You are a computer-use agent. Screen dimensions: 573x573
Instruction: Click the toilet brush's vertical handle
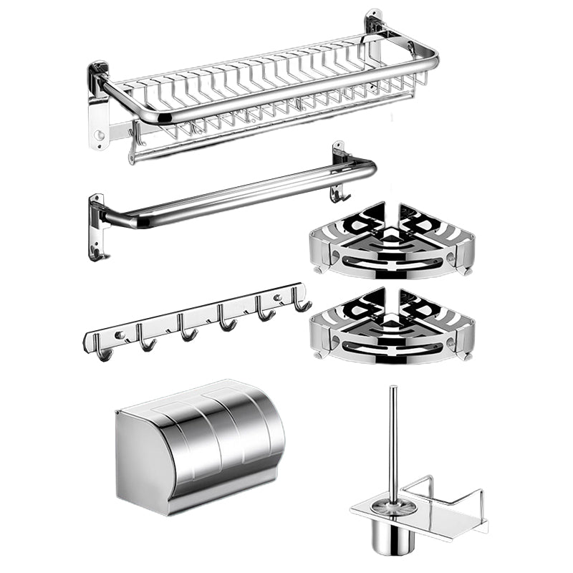coord(393,430)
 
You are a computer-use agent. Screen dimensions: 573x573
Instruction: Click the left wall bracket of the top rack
coord(98,107)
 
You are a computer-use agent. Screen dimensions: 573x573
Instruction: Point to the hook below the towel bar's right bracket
coord(338,193)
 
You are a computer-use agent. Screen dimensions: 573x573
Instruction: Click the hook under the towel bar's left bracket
coord(97,253)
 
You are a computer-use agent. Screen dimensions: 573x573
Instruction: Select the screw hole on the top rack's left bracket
coord(100,134)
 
